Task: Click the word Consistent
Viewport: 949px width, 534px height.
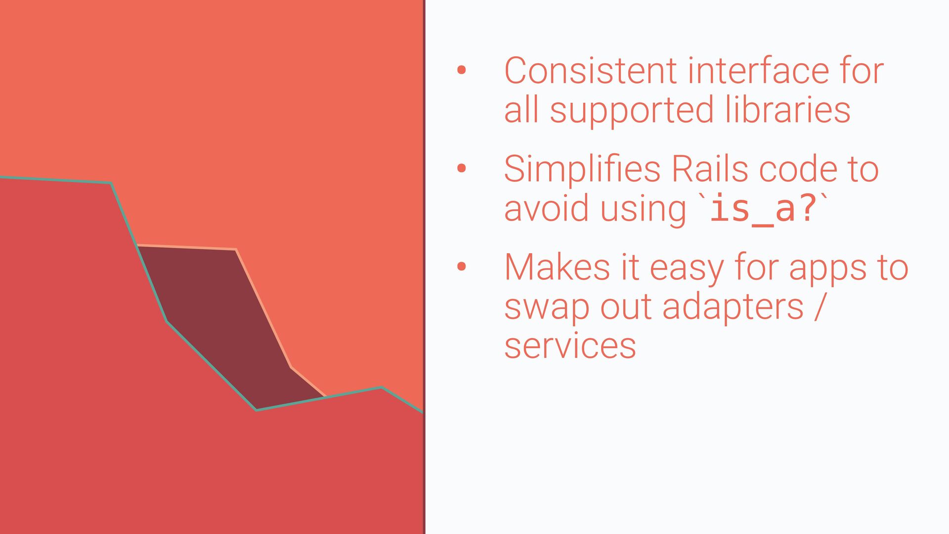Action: [591, 71]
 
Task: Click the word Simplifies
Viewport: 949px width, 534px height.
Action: [582, 170]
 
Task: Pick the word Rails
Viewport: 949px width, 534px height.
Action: [710, 169]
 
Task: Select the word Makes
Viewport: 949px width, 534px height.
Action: [557, 267]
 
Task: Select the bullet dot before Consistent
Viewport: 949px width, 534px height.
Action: [462, 70]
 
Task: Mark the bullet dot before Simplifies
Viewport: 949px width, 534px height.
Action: [462, 169]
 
